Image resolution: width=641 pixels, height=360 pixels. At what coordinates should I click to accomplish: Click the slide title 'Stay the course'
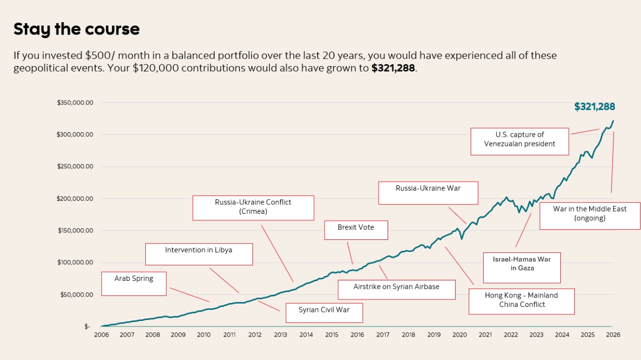pyautogui.click(x=76, y=29)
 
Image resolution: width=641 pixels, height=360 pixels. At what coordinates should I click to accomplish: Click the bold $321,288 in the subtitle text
pyautogui.click(x=393, y=68)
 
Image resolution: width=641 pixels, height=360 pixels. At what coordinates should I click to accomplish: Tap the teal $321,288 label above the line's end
pyautogui.click(x=594, y=107)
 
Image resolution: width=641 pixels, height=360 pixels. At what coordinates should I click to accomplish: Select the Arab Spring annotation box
pyautogui.click(x=134, y=283)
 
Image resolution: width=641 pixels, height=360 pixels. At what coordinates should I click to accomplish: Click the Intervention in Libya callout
pyautogui.click(x=199, y=254)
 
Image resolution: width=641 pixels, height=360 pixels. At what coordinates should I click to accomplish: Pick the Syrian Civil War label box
pyautogui.click(x=324, y=312)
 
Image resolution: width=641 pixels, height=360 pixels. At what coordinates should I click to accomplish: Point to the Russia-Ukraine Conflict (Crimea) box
pyautogui.click(x=253, y=207)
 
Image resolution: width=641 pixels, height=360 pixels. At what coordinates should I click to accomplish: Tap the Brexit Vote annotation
pyautogui.click(x=356, y=230)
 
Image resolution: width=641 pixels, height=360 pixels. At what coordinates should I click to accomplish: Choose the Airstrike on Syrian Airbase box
pyautogui.click(x=396, y=289)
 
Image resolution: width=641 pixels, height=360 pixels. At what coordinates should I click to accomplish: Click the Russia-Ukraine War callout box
pyautogui.click(x=428, y=193)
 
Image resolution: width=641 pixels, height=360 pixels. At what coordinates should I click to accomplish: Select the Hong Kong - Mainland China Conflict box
pyautogui.click(x=521, y=300)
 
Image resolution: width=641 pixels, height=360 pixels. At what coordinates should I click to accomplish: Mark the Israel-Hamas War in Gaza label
pyautogui.click(x=522, y=267)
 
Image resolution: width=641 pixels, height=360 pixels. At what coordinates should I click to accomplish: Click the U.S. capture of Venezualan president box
pyautogui.click(x=519, y=141)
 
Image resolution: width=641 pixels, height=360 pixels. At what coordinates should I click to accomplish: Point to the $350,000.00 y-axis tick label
pyautogui.click(x=75, y=103)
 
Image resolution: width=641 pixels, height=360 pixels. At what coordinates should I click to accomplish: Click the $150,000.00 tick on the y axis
pyautogui.click(x=75, y=231)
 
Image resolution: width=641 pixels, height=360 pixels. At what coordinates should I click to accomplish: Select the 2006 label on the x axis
pyautogui.click(x=101, y=334)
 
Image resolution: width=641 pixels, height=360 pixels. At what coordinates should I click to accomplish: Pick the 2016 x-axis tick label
pyautogui.click(x=357, y=334)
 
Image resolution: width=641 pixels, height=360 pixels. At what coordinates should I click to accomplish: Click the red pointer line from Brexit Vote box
pyautogui.click(x=350, y=253)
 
